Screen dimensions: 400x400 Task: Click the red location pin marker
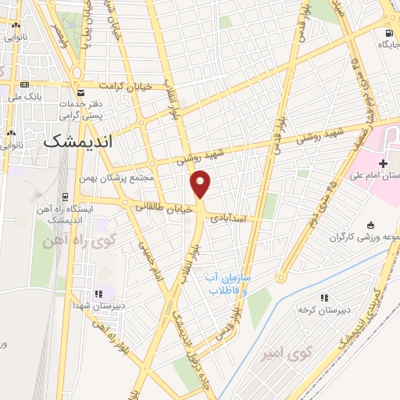(201, 184)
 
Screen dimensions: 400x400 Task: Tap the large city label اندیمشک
(79, 142)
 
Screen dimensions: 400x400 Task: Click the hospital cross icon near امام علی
(383, 163)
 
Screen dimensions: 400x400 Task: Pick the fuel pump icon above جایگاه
(388, 33)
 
